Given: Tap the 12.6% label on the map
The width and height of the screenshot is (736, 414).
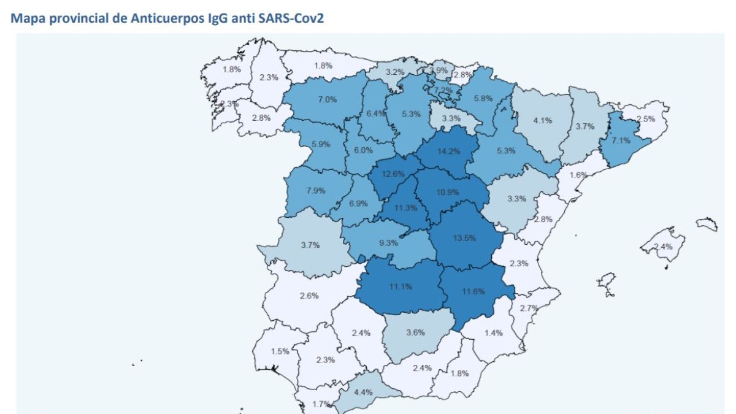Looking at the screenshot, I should coord(393,174).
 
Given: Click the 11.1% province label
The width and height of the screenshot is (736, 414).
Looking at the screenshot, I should coord(399,286).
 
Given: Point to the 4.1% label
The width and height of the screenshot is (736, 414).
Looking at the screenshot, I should coord(543,120).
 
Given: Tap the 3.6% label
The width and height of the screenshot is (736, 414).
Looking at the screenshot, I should coord(415,332).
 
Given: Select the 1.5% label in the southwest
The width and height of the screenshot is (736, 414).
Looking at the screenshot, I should coord(280,351).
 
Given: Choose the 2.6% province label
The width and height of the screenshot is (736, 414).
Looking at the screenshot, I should coord(309,296).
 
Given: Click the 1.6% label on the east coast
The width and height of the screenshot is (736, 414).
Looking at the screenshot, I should coord(578,175).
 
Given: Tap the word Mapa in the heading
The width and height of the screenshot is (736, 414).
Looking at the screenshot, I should coord(26,18).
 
